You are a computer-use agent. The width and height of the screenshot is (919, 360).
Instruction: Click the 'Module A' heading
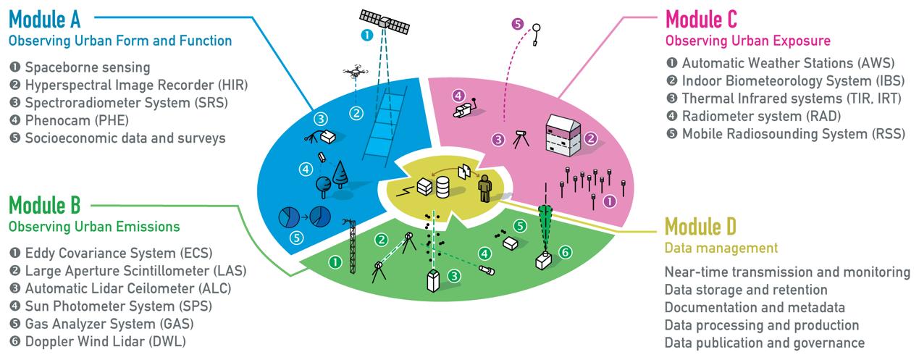[45, 17]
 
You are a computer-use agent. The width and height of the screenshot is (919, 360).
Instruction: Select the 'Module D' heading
[700, 226]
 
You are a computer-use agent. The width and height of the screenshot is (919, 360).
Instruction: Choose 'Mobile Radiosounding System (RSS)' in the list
[793, 134]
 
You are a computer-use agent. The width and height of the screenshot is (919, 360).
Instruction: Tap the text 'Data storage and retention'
[746, 290]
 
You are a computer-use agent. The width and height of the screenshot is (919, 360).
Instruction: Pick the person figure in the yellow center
[484, 188]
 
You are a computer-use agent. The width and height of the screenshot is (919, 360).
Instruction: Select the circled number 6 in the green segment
[566, 252]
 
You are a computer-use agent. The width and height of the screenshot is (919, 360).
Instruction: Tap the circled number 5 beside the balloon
[518, 24]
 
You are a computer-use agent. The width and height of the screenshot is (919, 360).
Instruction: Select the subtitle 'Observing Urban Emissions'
[94, 227]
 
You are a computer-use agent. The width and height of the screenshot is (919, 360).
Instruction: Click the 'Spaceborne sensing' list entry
[87, 67]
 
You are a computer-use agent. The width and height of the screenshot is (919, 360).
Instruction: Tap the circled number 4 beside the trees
[305, 169]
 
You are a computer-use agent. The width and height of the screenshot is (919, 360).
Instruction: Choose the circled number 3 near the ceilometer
[453, 275]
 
